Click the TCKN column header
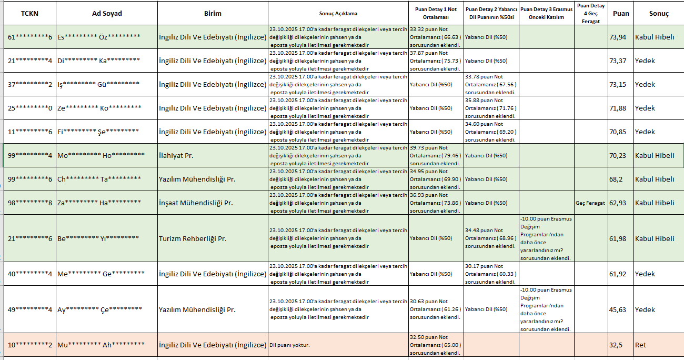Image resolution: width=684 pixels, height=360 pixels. click(x=29, y=13)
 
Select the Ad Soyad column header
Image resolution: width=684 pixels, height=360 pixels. click(x=108, y=13)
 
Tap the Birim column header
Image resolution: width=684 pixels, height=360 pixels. click(x=213, y=13)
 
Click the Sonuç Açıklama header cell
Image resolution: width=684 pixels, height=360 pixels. click(x=338, y=13)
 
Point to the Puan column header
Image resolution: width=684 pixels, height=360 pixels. click(x=621, y=13)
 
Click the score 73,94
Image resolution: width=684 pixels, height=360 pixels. click(x=618, y=37)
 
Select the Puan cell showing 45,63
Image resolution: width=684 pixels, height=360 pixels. click(x=618, y=309)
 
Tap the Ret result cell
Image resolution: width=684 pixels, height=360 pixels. click(x=640, y=345)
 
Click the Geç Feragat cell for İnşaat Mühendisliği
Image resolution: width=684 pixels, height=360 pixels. click(x=590, y=203)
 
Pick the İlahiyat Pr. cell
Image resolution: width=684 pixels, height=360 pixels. click(x=176, y=155)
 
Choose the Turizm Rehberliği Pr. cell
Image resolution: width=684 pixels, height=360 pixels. click(x=193, y=238)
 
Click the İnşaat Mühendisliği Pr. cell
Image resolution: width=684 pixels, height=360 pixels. click(x=196, y=203)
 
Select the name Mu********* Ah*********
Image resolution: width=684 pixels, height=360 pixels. click(x=101, y=345)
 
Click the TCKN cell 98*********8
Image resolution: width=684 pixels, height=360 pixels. click(x=30, y=203)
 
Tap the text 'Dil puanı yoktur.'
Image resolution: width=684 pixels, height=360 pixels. click(x=289, y=345)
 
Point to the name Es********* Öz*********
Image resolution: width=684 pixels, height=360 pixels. click(x=99, y=37)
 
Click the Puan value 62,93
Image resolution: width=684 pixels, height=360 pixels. click(x=618, y=203)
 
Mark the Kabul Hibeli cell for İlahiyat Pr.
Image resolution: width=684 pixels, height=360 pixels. click(x=655, y=155)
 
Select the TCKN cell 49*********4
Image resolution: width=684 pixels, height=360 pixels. click(x=30, y=309)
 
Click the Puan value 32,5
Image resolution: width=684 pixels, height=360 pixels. click(x=616, y=345)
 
